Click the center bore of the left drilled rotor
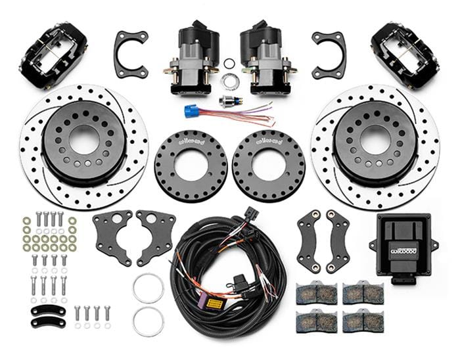pos(83,139)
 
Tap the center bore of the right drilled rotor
pos(375,139)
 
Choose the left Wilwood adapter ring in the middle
pos(191,166)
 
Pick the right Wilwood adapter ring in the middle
pos(269,166)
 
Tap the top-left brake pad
pos(316,292)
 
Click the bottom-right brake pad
pos(363,321)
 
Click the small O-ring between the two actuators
pos(229,64)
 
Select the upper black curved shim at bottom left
pos(48,309)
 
